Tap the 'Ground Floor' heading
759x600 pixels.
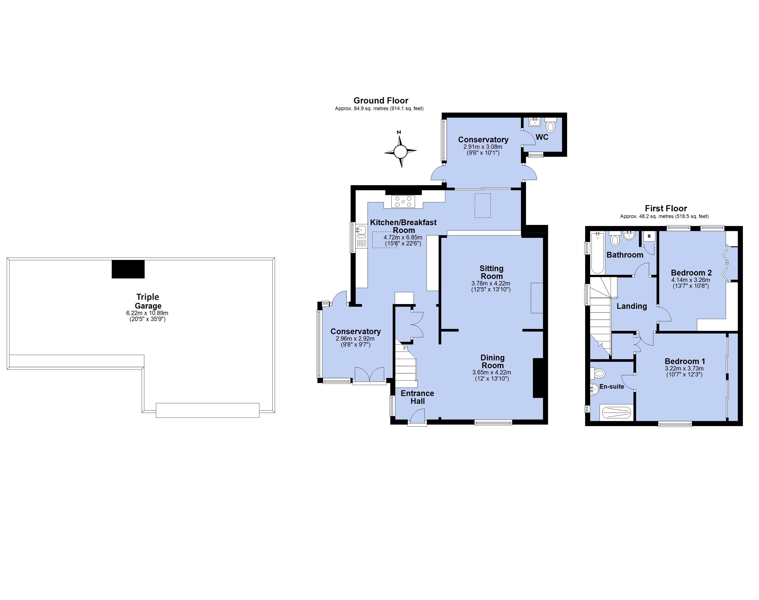[381, 101]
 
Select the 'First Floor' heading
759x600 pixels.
[666, 208]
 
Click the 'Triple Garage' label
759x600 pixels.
[148, 301]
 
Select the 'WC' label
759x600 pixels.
[542, 137]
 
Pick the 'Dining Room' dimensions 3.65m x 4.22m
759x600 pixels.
[492, 372]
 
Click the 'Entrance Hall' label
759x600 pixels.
[417, 397]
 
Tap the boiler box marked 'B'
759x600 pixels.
[649, 236]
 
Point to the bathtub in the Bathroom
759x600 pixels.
[597, 253]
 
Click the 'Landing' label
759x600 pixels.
[632, 306]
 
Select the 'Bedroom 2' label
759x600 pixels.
[691, 273]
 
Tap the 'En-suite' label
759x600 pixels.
[612, 386]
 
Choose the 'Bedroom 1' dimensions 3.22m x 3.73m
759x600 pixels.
[684, 368]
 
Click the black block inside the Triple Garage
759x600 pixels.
[128, 269]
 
